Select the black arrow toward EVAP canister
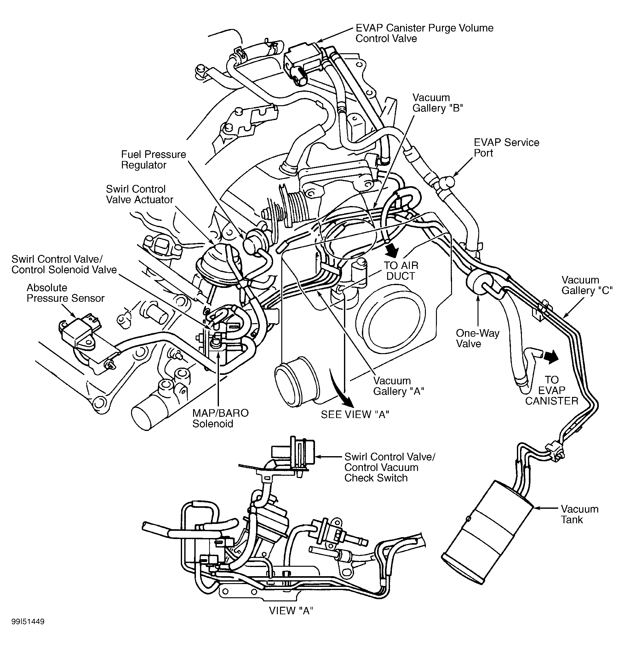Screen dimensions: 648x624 [x=551, y=357]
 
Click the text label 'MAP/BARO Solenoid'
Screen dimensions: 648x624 [x=220, y=418]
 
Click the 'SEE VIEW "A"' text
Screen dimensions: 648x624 [x=355, y=414]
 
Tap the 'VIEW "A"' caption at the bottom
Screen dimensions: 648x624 [x=291, y=610]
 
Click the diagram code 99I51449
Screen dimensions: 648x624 [x=28, y=631]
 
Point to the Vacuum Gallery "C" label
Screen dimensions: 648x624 [x=587, y=285]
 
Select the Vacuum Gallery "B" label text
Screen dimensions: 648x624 [x=437, y=103]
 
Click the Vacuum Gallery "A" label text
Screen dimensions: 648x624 [x=398, y=386]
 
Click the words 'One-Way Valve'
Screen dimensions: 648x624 [x=477, y=338]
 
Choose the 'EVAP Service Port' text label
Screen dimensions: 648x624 [x=506, y=147]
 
